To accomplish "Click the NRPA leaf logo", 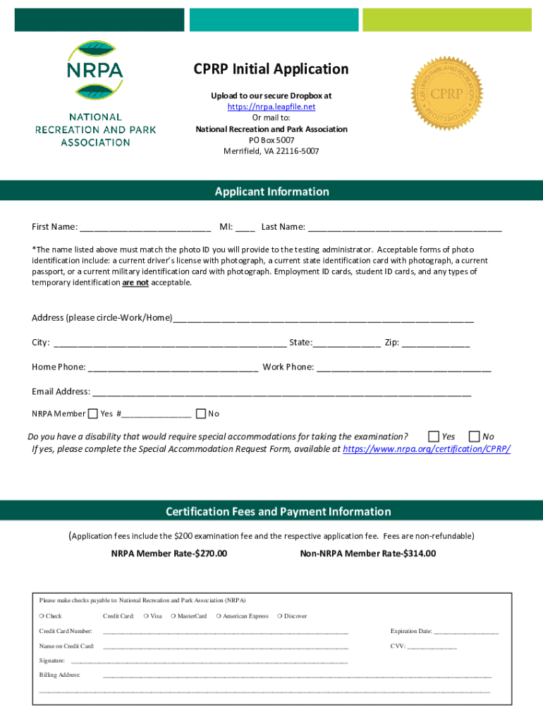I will point(95,71).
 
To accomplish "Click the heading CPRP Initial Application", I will point(271,69).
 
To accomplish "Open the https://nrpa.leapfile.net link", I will point(271,106).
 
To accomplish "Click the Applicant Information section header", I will point(271,192).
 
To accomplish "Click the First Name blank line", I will point(145,228).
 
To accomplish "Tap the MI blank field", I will point(245,228).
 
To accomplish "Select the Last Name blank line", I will point(405,228).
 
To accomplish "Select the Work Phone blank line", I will point(404,368).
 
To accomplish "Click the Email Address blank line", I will point(281,392).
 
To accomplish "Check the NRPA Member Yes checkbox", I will point(93,414).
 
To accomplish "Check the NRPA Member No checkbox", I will point(201,414).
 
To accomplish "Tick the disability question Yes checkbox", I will point(434,436).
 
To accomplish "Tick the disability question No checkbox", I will point(475,436).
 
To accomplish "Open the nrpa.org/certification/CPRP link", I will point(426,448).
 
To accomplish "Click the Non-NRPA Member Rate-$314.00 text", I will point(368,553).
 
